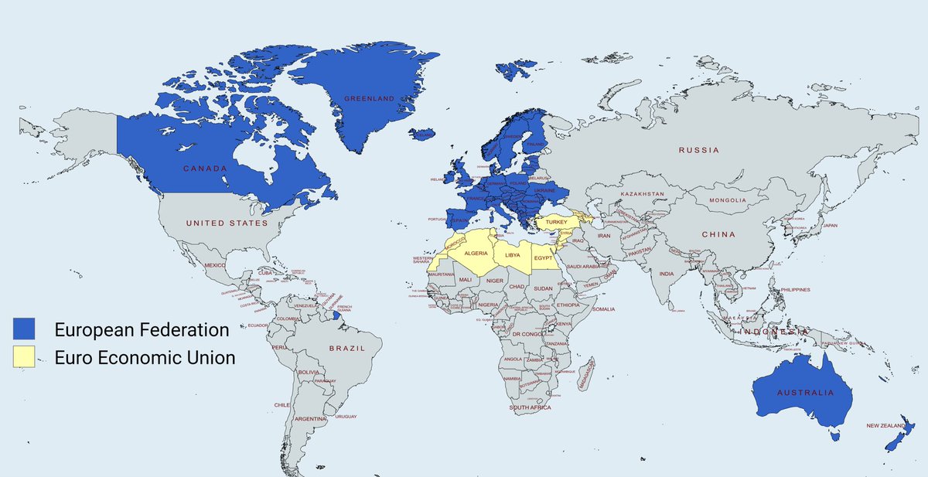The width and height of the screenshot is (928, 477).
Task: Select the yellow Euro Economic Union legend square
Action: coord(24,357)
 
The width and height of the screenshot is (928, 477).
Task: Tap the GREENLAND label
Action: coord(369,99)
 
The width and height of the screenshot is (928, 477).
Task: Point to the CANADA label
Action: coord(205,169)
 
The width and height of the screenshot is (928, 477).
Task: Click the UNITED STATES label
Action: coord(227,223)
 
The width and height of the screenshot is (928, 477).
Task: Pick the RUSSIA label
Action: coord(698,150)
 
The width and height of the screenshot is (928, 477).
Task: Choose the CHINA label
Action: coord(719,234)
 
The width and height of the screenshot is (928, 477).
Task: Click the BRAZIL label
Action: coord(346,349)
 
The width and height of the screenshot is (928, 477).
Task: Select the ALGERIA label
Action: coord(476,254)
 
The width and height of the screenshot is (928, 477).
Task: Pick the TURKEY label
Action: coord(556,222)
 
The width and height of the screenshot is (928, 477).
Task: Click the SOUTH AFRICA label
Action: coord(530,407)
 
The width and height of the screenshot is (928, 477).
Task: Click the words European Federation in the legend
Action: coord(142,329)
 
